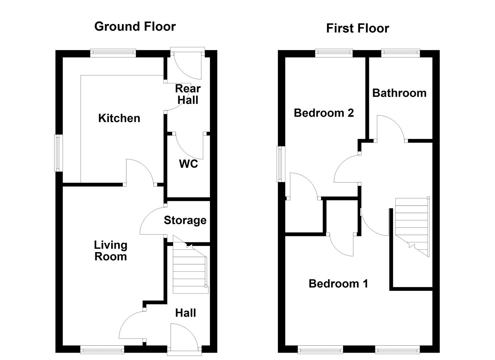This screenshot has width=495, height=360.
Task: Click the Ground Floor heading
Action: click(x=135, y=27)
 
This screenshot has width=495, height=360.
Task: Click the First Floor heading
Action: click(x=358, y=29)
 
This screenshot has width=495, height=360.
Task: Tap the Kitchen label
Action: click(x=119, y=118)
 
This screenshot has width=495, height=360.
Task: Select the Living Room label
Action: click(x=111, y=251)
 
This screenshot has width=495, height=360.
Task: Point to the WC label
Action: click(x=188, y=164)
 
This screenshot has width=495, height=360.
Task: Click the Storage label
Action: click(x=185, y=221)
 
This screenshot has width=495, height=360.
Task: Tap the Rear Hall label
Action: click(x=188, y=94)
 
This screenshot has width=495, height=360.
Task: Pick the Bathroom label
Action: click(x=399, y=93)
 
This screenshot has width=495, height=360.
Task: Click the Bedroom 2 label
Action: click(x=324, y=113)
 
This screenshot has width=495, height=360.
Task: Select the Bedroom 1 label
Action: click(x=338, y=284)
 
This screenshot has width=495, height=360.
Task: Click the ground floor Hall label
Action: click(x=186, y=313)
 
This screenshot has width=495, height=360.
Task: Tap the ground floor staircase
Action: click(x=190, y=265)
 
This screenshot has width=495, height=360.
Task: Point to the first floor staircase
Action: click(x=412, y=227)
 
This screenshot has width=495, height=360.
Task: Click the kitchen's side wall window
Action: click(x=58, y=153)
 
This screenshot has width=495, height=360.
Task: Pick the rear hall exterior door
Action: click(x=188, y=63)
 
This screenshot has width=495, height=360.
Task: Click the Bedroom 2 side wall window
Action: click(x=281, y=164)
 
